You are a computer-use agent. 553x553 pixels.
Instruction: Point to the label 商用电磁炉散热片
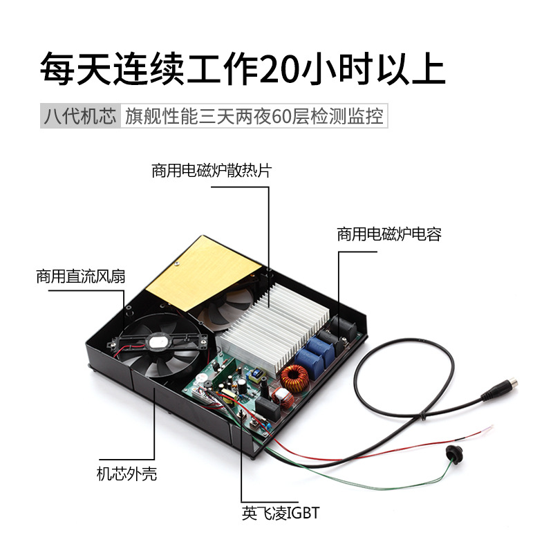tap(211, 171)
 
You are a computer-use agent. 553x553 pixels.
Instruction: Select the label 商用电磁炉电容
tap(388, 234)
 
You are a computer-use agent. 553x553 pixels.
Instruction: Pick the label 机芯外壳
tap(126, 474)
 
